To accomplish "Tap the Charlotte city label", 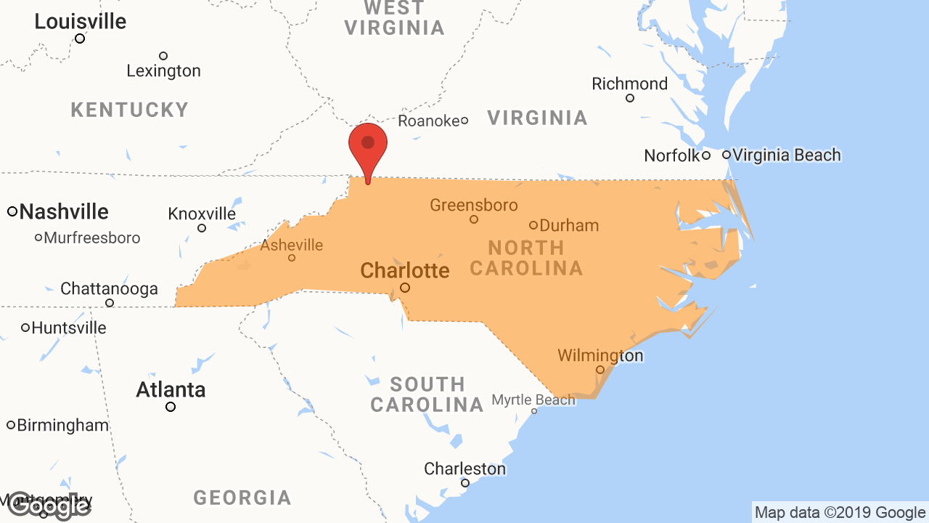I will (x=405, y=271).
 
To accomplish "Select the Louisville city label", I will (x=81, y=22).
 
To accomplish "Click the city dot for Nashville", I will (x=12, y=211).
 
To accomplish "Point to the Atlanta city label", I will (x=171, y=390).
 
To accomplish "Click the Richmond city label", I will (x=629, y=84).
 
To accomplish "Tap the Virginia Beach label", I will (x=787, y=155).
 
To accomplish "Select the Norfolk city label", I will (x=671, y=155).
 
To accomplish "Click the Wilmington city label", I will (x=600, y=355).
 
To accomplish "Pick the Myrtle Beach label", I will (x=533, y=400).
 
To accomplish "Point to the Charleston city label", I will (x=464, y=469).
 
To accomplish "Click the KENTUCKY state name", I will (x=130, y=110).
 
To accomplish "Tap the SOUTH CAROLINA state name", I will (x=427, y=394).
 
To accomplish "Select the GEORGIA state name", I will (x=242, y=498).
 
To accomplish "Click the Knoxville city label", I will (x=202, y=214).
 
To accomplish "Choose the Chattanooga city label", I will (x=109, y=288).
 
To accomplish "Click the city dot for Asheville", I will (x=292, y=258).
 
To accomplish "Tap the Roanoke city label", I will (x=428, y=121).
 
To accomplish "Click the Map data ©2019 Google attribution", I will (x=840, y=513).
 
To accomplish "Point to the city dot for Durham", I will (x=533, y=225).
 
